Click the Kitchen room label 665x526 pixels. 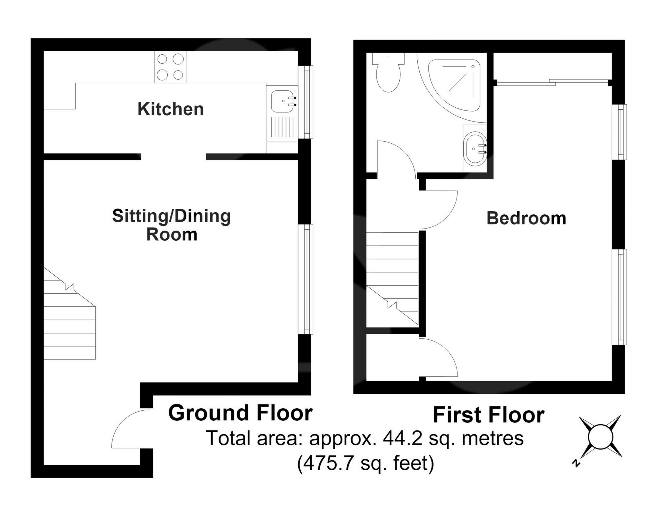pyautogui.click(x=170, y=109)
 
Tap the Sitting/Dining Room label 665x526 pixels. pyautogui.click(x=171, y=225)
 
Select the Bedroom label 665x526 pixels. pyautogui.click(x=526, y=218)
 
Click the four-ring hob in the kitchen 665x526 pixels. pyautogui.click(x=170, y=67)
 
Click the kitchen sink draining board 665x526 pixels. pyautogui.click(x=282, y=127)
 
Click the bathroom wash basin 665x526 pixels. pyautogui.click(x=475, y=149)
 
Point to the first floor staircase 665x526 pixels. pyautogui.click(x=392, y=279)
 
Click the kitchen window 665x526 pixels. pyautogui.click(x=306, y=102)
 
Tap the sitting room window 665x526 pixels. pyautogui.click(x=306, y=279)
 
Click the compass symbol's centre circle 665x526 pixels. pyautogui.click(x=601, y=437)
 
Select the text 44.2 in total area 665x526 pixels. pyautogui.click(x=402, y=439)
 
